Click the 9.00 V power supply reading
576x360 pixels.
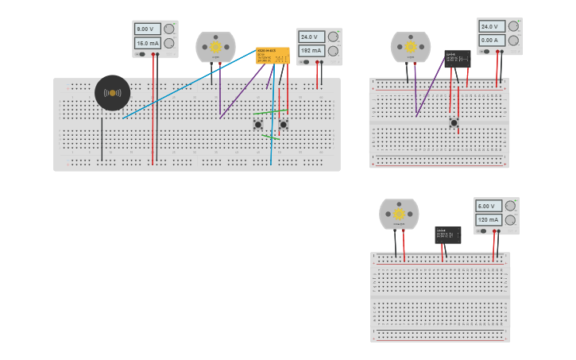pos(148,29)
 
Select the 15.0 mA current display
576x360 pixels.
pos(148,43)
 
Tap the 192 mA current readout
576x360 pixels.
pos(311,51)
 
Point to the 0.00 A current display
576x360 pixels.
pos(489,40)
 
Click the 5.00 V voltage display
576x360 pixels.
pos(487,206)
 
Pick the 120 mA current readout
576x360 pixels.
pos(487,219)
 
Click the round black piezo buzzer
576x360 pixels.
pos(112,93)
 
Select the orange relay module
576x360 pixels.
pos(273,56)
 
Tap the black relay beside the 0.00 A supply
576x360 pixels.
pos(457,58)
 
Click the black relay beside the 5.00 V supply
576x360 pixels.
pos(447,234)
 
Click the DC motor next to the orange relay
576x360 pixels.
pos(215,47)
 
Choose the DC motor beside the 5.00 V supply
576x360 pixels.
pos(399,214)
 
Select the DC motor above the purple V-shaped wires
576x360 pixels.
pos(410,47)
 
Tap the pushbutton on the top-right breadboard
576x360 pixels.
pos(454,122)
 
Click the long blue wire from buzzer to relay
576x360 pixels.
pos(191,83)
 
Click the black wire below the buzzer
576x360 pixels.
pos(102,139)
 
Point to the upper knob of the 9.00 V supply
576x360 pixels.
pos(168,29)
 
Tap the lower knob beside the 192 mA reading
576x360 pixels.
pos(333,51)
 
